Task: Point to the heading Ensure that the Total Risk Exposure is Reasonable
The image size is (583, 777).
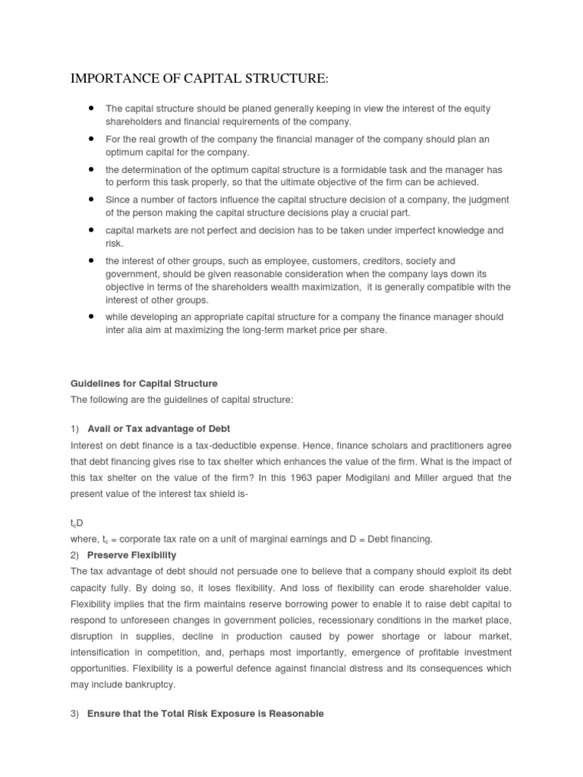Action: [205, 713]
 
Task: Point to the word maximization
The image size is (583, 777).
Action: [326, 287]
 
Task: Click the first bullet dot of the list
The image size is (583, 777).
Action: [91, 108]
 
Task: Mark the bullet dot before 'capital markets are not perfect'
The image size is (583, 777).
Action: [91, 229]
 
